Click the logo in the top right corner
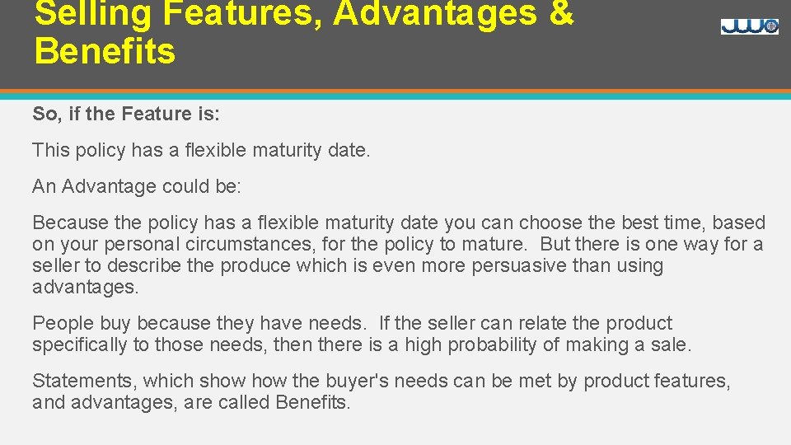[x=749, y=26]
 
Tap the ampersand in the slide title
[x=560, y=13]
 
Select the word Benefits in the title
[x=105, y=51]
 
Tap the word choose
[x=550, y=222]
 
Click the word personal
[x=138, y=244]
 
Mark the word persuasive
[x=523, y=265]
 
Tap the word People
[x=58, y=323]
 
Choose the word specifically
[x=80, y=344]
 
